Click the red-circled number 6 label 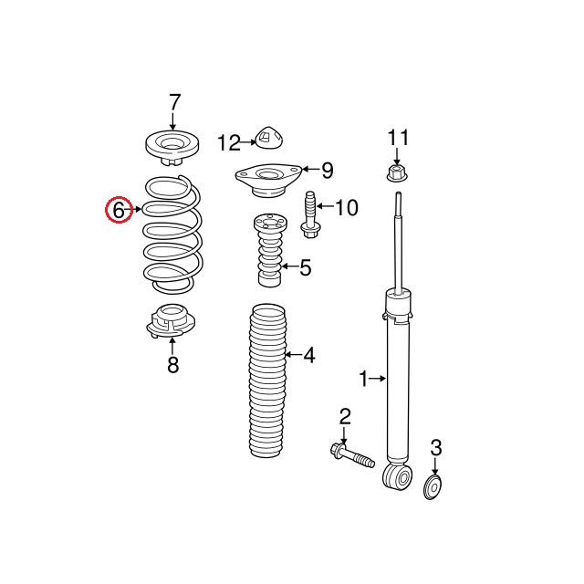(x=119, y=211)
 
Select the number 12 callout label (x=229, y=143)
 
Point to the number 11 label (x=398, y=138)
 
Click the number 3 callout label (x=436, y=448)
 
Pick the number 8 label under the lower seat (x=173, y=365)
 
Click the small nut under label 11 (x=397, y=172)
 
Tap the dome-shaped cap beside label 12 (x=269, y=138)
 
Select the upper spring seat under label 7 (x=172, y=148)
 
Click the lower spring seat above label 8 (x=171, y=321)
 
